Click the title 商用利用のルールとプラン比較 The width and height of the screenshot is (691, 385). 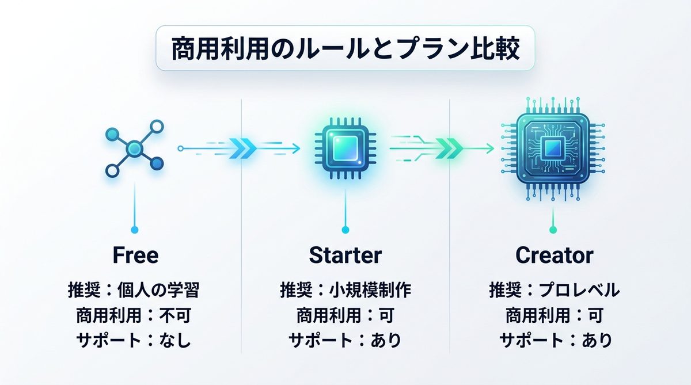point(345,49)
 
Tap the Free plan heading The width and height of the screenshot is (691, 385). point(136,255)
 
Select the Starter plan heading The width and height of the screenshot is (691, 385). point(345,255)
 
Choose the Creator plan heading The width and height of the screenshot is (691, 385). point(554,255)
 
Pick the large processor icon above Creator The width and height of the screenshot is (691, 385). point(553,148)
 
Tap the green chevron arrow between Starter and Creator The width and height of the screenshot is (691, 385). point(447,148)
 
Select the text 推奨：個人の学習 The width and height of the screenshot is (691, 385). point(134,289)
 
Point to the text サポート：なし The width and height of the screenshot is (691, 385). point(134,341)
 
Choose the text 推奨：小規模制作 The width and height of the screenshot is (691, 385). point(345,289)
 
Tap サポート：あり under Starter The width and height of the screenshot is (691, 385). point(345,341)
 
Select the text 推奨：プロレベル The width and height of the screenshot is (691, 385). point(554,289)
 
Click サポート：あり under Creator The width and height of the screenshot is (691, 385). point(554,341)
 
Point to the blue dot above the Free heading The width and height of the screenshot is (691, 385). point(135,230)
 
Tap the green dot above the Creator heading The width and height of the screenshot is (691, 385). point(553,230)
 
